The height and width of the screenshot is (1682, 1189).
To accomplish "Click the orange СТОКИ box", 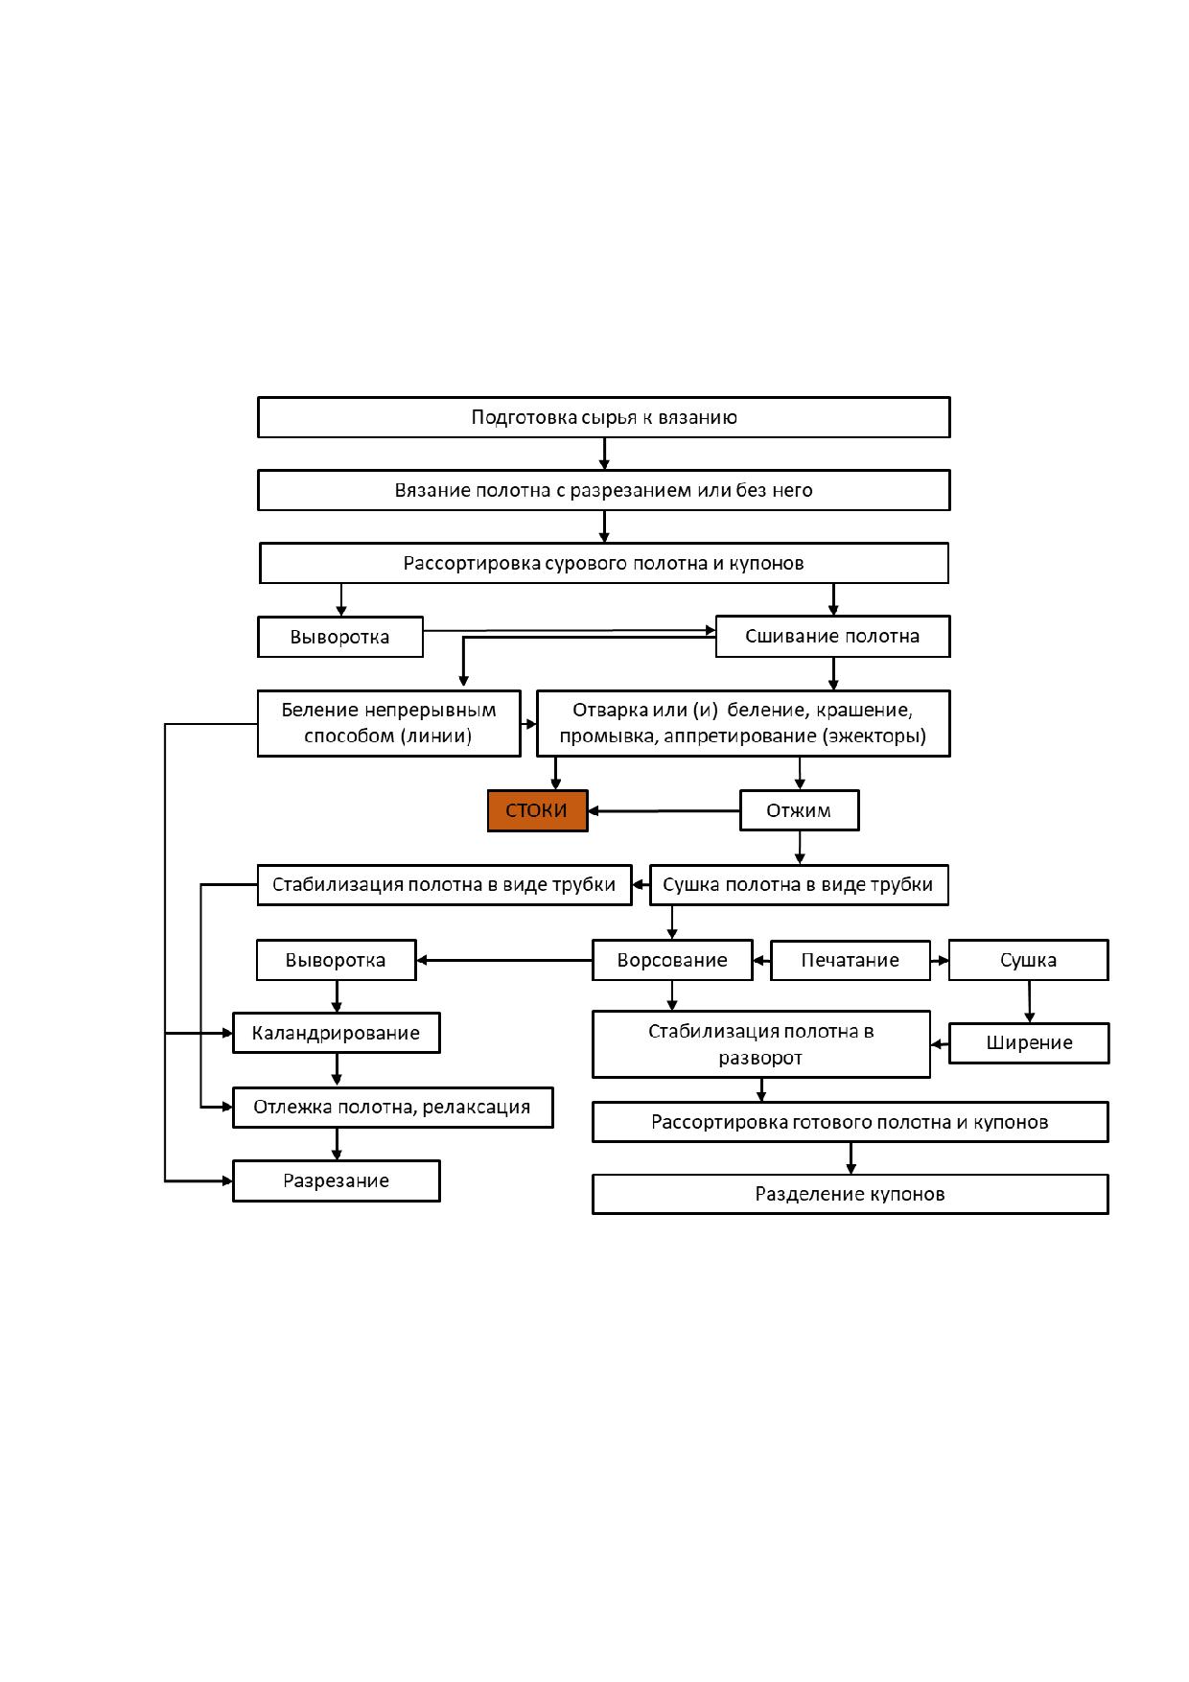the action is (537, 810).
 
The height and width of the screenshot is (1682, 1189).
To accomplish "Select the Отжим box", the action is (799, 810).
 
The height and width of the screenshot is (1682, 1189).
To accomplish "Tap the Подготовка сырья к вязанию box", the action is (604, 417).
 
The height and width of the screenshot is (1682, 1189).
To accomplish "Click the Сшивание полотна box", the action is (832, 636).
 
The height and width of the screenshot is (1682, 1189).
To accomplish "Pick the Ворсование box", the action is (672, 960).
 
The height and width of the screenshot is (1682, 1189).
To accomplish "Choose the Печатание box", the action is (851, 960).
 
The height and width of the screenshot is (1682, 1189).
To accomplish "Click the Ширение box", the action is (1029, 1042).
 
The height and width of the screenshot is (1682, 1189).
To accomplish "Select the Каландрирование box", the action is (337, 1033).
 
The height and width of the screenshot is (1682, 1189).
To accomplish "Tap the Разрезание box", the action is (337, 1180).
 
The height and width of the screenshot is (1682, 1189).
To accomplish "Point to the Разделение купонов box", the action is (851, 1194).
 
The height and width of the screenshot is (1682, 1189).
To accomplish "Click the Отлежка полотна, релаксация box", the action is (393, 1107).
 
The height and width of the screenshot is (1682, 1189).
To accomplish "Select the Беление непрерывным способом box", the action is (389, 723).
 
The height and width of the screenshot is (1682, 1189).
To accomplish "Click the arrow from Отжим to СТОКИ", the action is (664, 811).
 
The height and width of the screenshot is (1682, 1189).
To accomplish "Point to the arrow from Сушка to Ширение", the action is (1030, 1001).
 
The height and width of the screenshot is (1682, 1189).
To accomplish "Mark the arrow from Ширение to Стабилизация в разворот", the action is (940, 1043).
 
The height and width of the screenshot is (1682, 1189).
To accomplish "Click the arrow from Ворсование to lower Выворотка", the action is (504, 960).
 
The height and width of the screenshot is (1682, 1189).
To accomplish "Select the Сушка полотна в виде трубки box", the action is (799, 884).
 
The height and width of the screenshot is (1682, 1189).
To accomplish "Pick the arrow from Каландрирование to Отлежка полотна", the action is (337, 1070).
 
